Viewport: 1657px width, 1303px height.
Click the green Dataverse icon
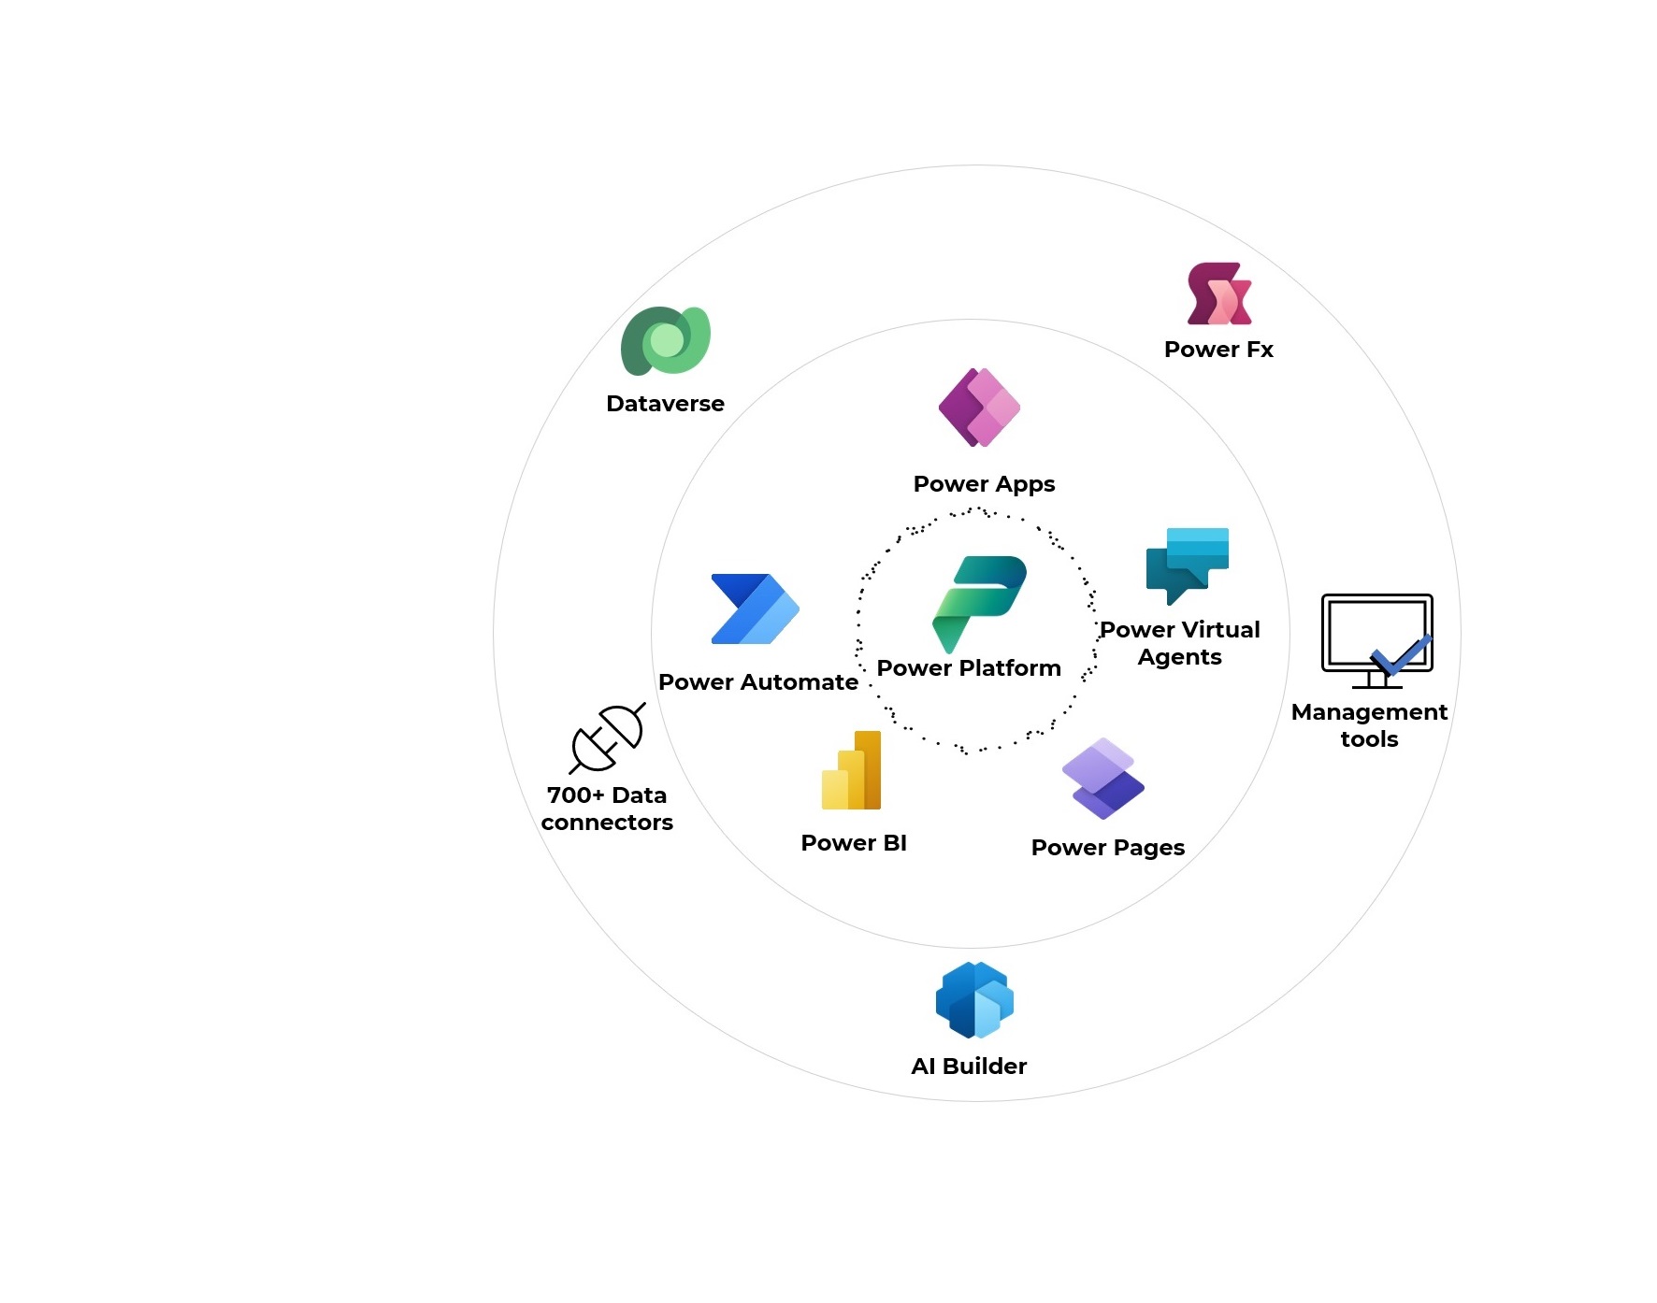[x=665, y=340]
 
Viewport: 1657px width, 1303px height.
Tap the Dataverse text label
[x=665, y=404]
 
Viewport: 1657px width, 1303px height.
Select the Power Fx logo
[x=1218, y=294]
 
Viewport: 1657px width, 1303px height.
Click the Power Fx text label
[x=1218, y=350]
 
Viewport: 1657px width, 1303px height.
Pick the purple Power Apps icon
[x=979, y=408]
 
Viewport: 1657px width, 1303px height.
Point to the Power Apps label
[x=984, y=484]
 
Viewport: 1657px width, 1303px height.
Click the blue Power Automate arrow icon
[x=755, y=609]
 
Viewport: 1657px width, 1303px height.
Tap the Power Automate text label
[x=757, y=682]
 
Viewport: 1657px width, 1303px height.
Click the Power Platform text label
[x=969, y=668]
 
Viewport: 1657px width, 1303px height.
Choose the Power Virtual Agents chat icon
[x=1187, y=564]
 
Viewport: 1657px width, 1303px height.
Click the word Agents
[x=1179, y=657]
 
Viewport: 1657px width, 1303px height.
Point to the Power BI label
[x=854, y=843]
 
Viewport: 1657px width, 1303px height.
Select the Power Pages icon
[x=1102, y=779]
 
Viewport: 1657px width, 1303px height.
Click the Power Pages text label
[x=1107, y=848]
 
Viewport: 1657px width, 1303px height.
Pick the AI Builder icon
[x=974, y=1000]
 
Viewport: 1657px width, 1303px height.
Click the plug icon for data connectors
[x=608, y=738]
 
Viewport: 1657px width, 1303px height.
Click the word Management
[x=1369, y=712]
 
